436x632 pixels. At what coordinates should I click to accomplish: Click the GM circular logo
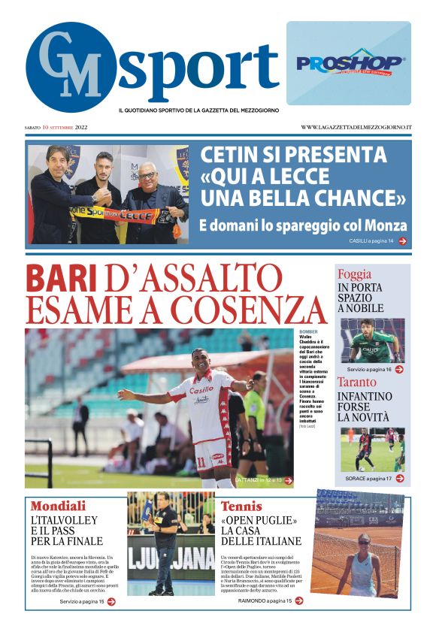tap(71, 66)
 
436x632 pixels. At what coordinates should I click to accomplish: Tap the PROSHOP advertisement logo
tap(349, 64)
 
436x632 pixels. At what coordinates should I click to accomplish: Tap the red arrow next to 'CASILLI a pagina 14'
tap(402, 241)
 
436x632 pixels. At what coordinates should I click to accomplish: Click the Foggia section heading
tap(354, 274)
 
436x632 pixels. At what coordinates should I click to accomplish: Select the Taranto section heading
tap(357, 382)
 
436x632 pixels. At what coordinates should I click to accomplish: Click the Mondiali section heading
tap(58, 506)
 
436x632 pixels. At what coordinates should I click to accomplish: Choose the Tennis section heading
tap(241, 506)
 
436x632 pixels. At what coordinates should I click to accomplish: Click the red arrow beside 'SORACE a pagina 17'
tap(400, 478)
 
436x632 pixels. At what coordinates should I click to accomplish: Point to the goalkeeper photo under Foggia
tap(371, 340)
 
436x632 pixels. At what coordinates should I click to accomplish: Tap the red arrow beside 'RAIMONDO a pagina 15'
tap(298, 600)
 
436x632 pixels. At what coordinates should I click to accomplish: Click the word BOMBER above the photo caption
tap(308, 331)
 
